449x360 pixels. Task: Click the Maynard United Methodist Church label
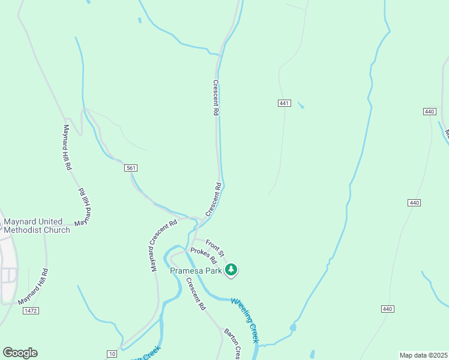[37, 225]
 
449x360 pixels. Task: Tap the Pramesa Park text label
[196, 271]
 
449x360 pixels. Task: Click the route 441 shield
[285, 103]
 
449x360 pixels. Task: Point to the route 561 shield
[131, 168]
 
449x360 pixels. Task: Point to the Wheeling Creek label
[245, 320]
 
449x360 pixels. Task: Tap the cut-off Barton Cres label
[232, 344]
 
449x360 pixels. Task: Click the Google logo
[20, 353]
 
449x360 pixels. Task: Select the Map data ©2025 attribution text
[423, 355]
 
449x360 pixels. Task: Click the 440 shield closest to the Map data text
[387, 308]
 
